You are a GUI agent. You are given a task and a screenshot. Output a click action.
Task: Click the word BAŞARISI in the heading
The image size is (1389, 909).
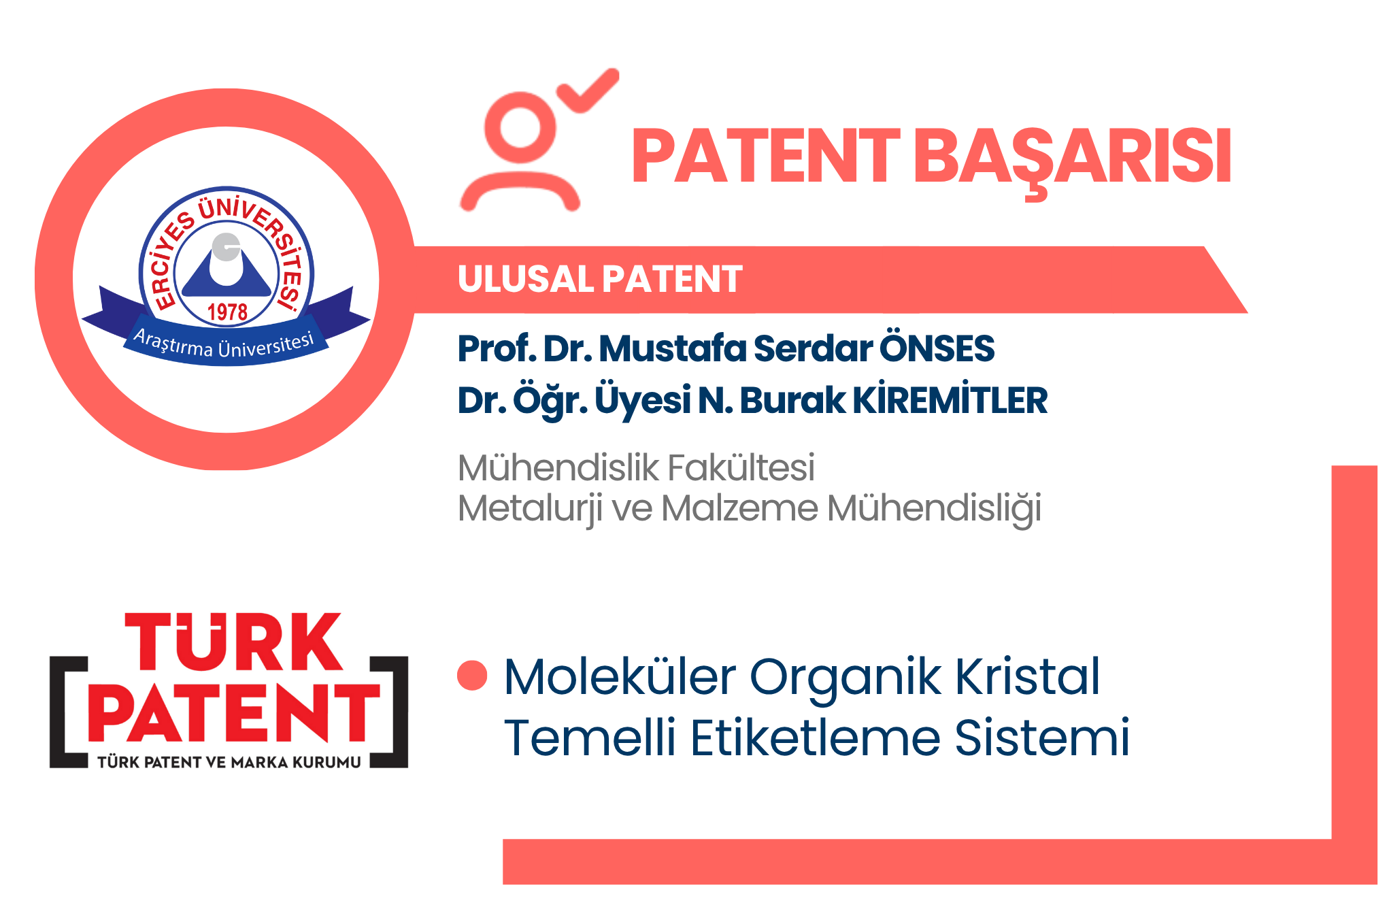(1072, 157)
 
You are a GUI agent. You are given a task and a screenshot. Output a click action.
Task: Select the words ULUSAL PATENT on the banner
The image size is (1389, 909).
(600, 280)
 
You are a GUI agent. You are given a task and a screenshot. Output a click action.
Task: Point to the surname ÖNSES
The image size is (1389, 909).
(937, 348)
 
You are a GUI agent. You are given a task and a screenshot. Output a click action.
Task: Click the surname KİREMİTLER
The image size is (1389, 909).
(950, 400)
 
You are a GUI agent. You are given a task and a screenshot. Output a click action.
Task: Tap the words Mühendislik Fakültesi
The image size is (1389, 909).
(636, 467)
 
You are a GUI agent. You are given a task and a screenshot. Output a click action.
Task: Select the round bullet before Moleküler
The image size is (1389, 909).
(472, 676)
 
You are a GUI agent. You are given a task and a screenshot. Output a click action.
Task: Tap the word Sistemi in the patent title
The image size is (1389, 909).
(1041, 738)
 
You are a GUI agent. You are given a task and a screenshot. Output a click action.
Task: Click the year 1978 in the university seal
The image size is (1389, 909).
(227, 312)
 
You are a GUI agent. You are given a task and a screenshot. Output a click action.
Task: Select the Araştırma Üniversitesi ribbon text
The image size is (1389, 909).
(224, 344)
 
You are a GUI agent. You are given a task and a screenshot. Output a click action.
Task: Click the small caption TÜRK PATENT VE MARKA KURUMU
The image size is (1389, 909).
(229, 762)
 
